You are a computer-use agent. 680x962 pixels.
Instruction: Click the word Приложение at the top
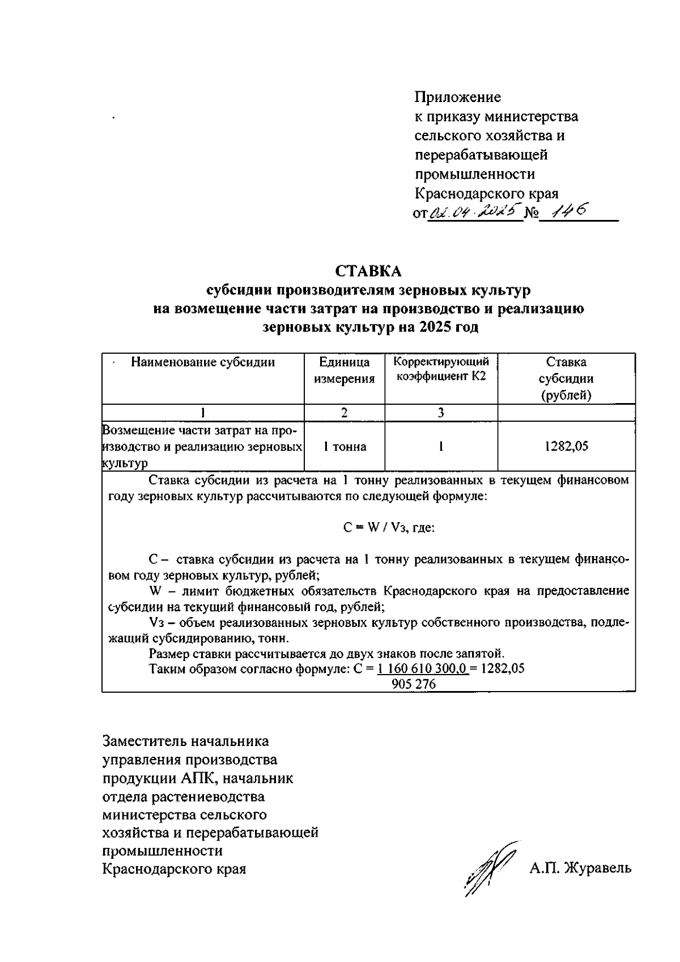(458, 98)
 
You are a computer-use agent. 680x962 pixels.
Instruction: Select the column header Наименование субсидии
(203, 363)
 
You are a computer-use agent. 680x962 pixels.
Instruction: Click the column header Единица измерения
(345, 371)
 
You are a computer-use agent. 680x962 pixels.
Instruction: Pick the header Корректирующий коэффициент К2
(441, 369)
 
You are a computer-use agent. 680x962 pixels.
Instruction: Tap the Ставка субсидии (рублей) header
(566, 379)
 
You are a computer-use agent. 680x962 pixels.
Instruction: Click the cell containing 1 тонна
(345, 447)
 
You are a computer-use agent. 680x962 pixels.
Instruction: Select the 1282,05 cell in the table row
(566, 447)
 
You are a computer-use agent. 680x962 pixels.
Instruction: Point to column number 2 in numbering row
(345, 413)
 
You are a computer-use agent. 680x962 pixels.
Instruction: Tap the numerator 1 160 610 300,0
(422, 668)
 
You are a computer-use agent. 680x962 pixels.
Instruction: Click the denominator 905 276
(414, 685)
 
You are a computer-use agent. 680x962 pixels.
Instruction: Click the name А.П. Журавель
(580, 868)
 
